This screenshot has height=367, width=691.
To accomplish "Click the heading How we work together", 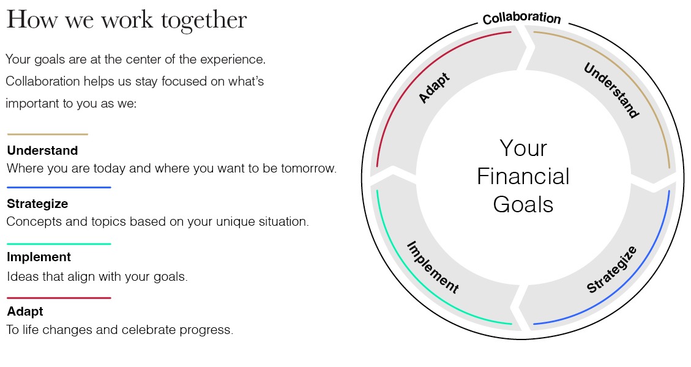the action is (x=127, y=20).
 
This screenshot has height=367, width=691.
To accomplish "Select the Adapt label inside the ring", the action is (x=434, y=88).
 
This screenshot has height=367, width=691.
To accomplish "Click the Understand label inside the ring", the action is (x=611, y=91).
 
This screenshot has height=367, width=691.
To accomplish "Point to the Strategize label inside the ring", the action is (x=611, y=270).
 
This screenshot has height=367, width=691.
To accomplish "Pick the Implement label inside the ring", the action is (x=433, y=267).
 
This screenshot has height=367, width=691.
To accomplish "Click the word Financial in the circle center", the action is (x=523, y=176).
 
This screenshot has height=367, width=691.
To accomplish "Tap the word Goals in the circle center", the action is (x=523, y=204).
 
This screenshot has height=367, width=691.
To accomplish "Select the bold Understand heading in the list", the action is (x=42, y=150).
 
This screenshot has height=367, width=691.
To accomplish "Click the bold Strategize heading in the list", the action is (x=37, y=204).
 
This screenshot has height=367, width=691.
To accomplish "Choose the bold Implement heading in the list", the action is (x=39, y=258).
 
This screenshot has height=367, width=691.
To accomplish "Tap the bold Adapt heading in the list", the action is (x=25, y=311).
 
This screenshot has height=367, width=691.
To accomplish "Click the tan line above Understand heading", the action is (x=48, y=134).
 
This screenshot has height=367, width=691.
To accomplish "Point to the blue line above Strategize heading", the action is (x=59, y=187).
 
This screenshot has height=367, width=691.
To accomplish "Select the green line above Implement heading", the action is (x=59, y=243).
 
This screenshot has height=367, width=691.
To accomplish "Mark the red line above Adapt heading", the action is (x=59, y=298).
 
